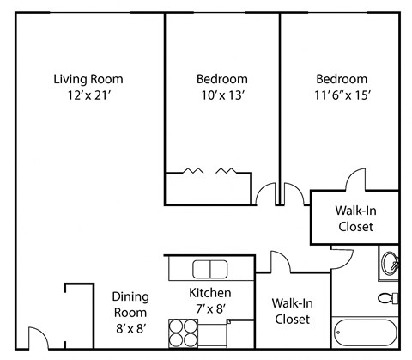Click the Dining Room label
[130, 304]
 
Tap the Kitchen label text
[210, 293]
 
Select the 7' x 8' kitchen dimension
[210, 308]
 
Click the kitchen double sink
[209, 268]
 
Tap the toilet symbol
[388, 298]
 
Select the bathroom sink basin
[390, 262]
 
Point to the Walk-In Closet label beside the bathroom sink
[354, 219]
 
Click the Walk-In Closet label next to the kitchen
[292, 311]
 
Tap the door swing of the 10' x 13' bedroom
[266, 194]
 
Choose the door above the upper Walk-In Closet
[356, 181]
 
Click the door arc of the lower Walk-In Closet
[281, 261]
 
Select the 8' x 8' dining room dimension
[130, 327]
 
